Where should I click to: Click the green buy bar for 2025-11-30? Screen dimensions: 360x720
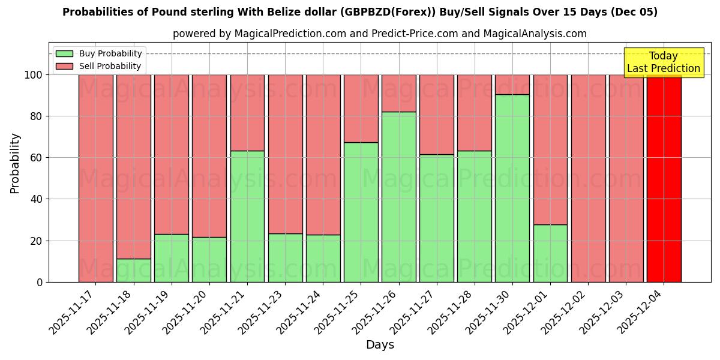512,188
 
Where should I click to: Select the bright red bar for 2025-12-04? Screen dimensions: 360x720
664,178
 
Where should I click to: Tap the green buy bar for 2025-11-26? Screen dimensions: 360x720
399,197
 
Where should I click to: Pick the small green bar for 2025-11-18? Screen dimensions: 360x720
134,271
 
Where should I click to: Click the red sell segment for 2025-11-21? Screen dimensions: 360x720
247,112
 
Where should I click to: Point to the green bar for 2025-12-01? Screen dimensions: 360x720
550,253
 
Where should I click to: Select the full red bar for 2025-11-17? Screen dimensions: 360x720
96,178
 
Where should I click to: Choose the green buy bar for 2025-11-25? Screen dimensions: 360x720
361,212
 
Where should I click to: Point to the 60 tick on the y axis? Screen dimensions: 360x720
38,158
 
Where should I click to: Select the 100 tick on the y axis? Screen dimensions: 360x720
35,75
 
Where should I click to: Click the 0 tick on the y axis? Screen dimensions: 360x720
40,282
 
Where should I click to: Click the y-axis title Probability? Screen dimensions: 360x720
15,163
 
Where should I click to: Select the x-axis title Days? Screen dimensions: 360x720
380,345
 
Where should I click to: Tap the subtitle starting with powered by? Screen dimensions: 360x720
380,34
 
